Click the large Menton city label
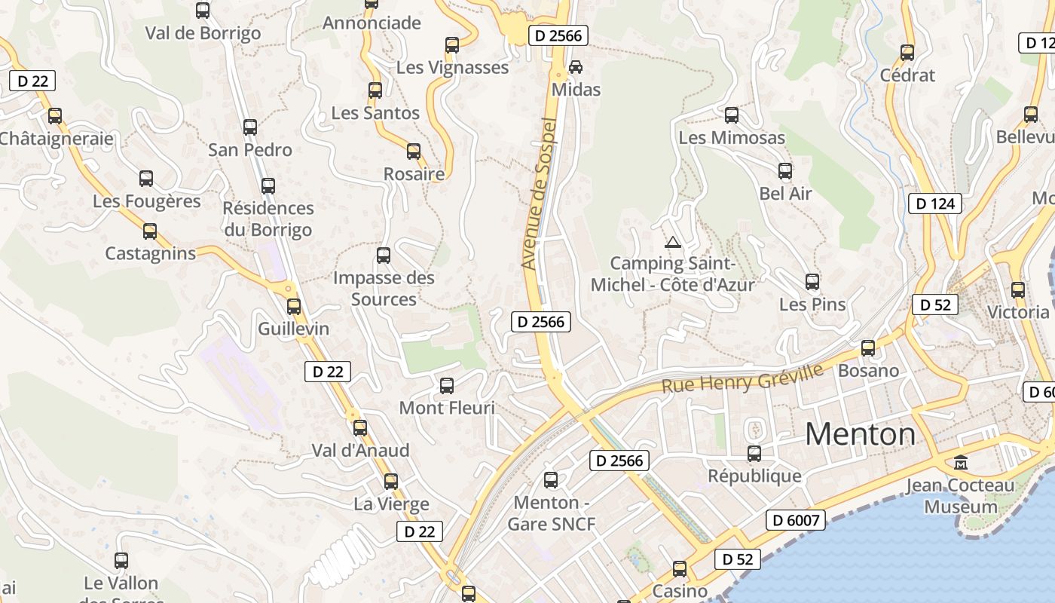coord(860,434)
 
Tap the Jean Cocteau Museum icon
coord(961,462)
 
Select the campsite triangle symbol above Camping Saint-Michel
coord(672,242)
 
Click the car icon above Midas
coord(576,67)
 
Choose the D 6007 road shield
coord(796,519)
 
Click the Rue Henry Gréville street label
coord(742,378)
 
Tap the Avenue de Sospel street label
coord(538,194)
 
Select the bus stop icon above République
coord(754,454)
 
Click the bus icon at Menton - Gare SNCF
coord(551,480)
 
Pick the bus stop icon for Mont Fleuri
coord(447,386)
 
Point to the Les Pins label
coord(812,305)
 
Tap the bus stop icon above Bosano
coord(868,348)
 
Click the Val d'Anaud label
coord(361,450)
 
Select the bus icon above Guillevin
coord(294,307)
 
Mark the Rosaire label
coord(414,174)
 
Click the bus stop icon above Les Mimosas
coord(731,115)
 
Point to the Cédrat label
coord(907,75)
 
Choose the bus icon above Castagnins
coord(150,231)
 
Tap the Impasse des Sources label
coord(384,289)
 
